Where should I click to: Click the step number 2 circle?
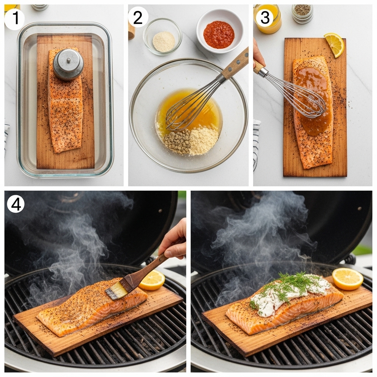click(x=138, y=17)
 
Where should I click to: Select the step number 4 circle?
click(x=15, y=204)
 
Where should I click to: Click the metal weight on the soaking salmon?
click(x=68, y=64)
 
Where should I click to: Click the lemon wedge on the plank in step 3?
click(x=335, y=44)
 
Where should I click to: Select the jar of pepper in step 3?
click(x=302, y=13)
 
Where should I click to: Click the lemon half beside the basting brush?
click(x=152, y=280)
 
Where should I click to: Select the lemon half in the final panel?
click(x=347, y=278)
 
